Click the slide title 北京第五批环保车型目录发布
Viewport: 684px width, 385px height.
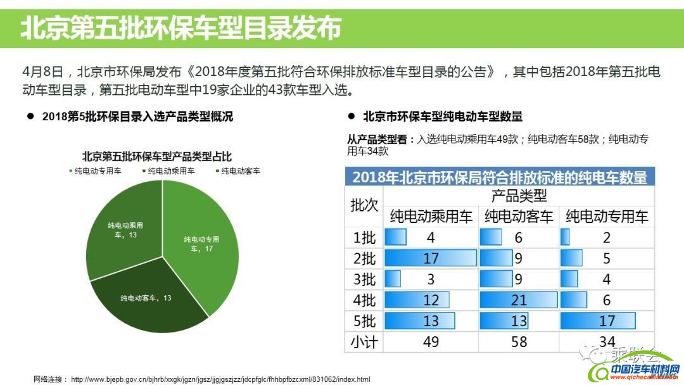181,27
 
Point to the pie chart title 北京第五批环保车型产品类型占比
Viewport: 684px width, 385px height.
156,156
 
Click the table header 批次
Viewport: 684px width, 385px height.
364,206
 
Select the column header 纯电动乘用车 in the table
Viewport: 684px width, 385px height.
431,217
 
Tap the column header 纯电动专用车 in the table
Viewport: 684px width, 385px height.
607,217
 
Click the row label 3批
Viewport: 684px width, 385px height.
364,279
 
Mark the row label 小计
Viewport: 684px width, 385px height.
364,342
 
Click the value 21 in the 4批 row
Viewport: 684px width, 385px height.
519,300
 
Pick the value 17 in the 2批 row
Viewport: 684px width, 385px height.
431,258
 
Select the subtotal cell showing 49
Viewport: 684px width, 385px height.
431,342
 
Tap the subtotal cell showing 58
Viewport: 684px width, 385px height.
519,342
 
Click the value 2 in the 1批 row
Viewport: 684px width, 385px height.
607,237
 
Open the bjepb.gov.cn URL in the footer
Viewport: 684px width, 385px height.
220,379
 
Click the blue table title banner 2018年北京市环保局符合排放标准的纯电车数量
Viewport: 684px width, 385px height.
500,177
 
